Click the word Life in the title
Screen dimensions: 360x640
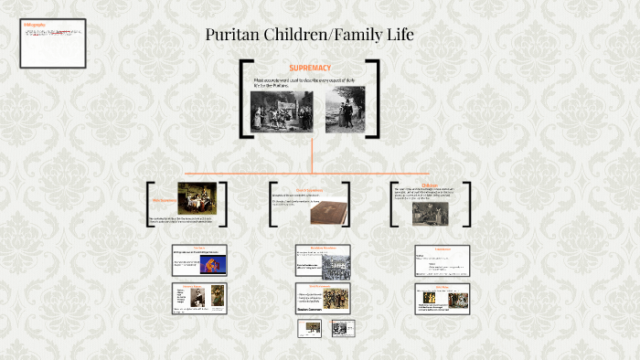pos(396,36)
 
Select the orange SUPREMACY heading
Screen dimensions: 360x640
pos(309,68)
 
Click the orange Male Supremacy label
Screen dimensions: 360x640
pos(164,199)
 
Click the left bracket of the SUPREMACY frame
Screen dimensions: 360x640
pos(243,99)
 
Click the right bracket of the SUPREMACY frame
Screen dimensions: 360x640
pos(376,99)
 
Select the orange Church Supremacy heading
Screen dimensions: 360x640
pos(311,190)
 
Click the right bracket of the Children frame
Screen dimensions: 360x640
pos(468,203)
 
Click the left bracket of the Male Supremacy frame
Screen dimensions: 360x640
pos(149,203)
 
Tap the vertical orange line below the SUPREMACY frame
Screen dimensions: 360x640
pos(311,155)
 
